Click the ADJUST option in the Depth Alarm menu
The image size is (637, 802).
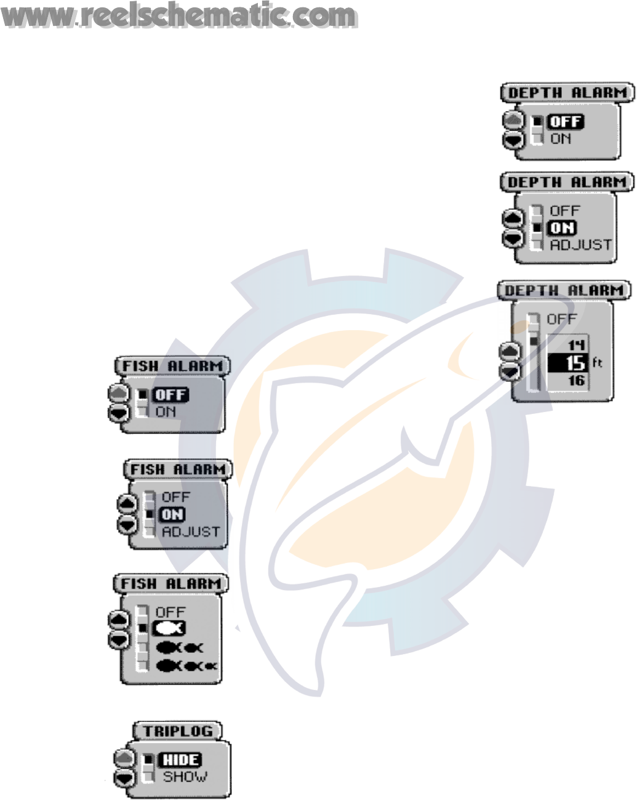(x=580, y=245)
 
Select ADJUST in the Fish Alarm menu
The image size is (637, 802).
(x=190, y=531)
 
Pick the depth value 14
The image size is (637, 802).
(x=575, y=344)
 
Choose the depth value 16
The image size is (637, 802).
(x=575, y=381)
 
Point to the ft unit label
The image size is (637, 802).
(x=597, y=363)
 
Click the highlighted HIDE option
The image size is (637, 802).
(x=180, y=760)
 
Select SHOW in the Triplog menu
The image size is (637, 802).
(x=185, y=777)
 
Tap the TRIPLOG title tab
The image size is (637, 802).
(x=177, y=731)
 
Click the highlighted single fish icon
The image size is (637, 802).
(x=170, y=629)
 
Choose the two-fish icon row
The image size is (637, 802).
(x=179, y=647)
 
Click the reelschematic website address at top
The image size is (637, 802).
(x=179, y=17)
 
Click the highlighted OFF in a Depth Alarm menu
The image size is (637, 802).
(x=565, y=122)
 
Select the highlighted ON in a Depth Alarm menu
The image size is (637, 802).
(x=561, y=228)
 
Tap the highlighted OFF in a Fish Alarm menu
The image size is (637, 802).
(x=170, y=395)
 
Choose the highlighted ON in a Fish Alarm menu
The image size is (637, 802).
(x=172, y=514)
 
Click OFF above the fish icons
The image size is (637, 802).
(x=170, y=612)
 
